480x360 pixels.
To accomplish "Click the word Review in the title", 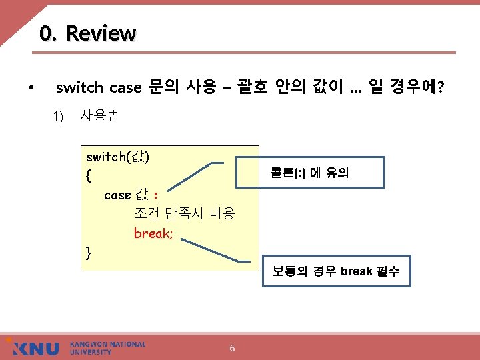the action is click(101, 33).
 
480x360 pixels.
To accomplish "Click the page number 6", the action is click(232, 348).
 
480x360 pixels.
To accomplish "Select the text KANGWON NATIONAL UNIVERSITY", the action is click(107, 348).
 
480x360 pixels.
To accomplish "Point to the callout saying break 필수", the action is click(336, 271).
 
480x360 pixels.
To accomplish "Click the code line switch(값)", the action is click(117, 157).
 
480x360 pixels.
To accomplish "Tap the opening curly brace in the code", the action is click(89, 176).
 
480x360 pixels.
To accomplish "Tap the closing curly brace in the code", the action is click(89, 252).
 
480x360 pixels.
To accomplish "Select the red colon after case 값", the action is click(155, 195).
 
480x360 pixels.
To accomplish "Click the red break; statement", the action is click(153, 233).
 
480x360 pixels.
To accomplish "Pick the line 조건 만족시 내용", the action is click(184, 214).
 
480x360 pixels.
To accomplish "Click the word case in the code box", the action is click(117, 195).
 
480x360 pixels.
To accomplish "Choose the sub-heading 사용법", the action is click(99, 116).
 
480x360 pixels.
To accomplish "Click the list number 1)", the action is click(58, 117).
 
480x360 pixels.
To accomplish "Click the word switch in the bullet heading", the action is click(79, 87).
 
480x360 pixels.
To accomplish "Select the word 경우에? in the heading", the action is click(417, 87).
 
